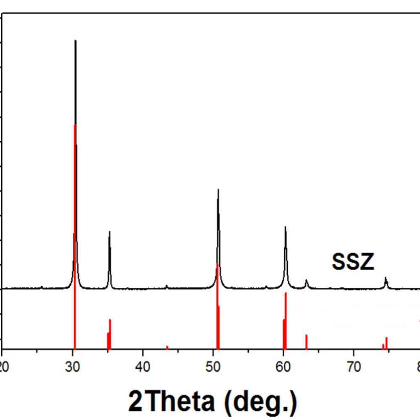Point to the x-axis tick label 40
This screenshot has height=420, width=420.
point(143,363)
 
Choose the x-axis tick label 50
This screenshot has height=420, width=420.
point(213,363)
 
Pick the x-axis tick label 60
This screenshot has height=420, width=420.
point(283,363)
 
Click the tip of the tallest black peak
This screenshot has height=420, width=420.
point(75,41)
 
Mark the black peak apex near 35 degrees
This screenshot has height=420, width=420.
point(110,232)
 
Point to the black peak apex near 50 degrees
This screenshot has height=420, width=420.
point(218,190)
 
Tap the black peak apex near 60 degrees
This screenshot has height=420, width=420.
point(285,227)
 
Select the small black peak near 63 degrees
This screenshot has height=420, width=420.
point(306,280)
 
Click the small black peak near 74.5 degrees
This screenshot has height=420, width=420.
point(386,278)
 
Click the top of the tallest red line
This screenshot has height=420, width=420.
point(74,125)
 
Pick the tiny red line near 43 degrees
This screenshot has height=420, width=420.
point(167,347)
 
